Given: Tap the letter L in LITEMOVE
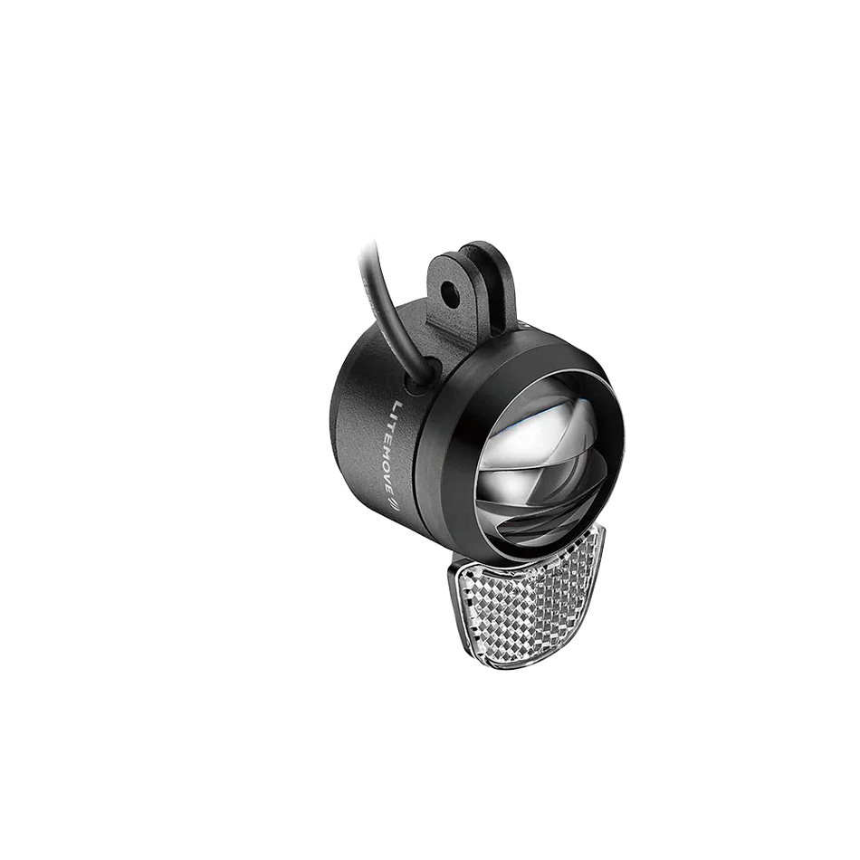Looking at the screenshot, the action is (399, 407).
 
